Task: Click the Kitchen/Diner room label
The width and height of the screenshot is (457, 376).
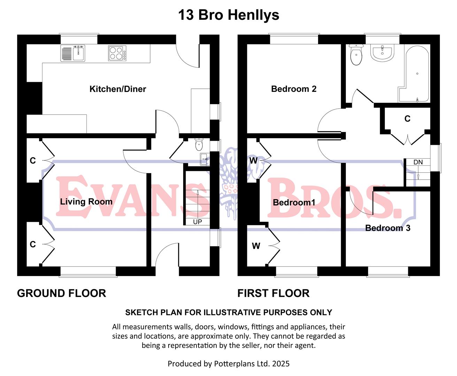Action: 118,89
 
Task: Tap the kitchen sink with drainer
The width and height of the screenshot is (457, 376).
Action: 73,53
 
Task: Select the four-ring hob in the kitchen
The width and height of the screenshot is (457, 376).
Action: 117,53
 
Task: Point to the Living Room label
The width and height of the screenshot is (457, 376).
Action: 86,202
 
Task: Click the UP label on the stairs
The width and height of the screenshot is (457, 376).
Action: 197,222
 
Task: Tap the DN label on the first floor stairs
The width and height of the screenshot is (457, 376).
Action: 418,162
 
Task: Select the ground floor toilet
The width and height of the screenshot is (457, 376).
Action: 199,144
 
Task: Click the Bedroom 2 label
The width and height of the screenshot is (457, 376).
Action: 294,89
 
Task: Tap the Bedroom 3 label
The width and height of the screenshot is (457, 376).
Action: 388,228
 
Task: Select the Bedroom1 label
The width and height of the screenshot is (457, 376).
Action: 294,202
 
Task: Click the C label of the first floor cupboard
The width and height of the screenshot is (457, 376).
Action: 407,119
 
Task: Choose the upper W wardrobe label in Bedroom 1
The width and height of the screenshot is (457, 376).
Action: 253,160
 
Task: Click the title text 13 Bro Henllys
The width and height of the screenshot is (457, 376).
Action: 228,15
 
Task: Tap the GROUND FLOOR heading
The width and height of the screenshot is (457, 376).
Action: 61,293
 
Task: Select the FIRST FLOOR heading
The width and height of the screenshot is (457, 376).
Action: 273,293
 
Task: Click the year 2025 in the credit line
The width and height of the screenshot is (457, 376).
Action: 281,364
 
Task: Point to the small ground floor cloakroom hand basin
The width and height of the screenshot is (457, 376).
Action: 204,159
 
